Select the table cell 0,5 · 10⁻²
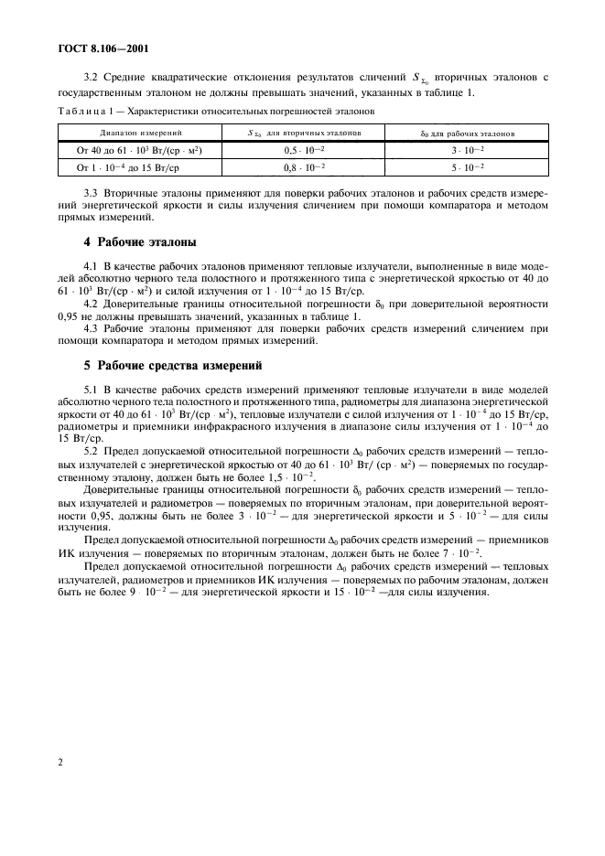point(302,149)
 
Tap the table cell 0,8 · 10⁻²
point(302,166)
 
